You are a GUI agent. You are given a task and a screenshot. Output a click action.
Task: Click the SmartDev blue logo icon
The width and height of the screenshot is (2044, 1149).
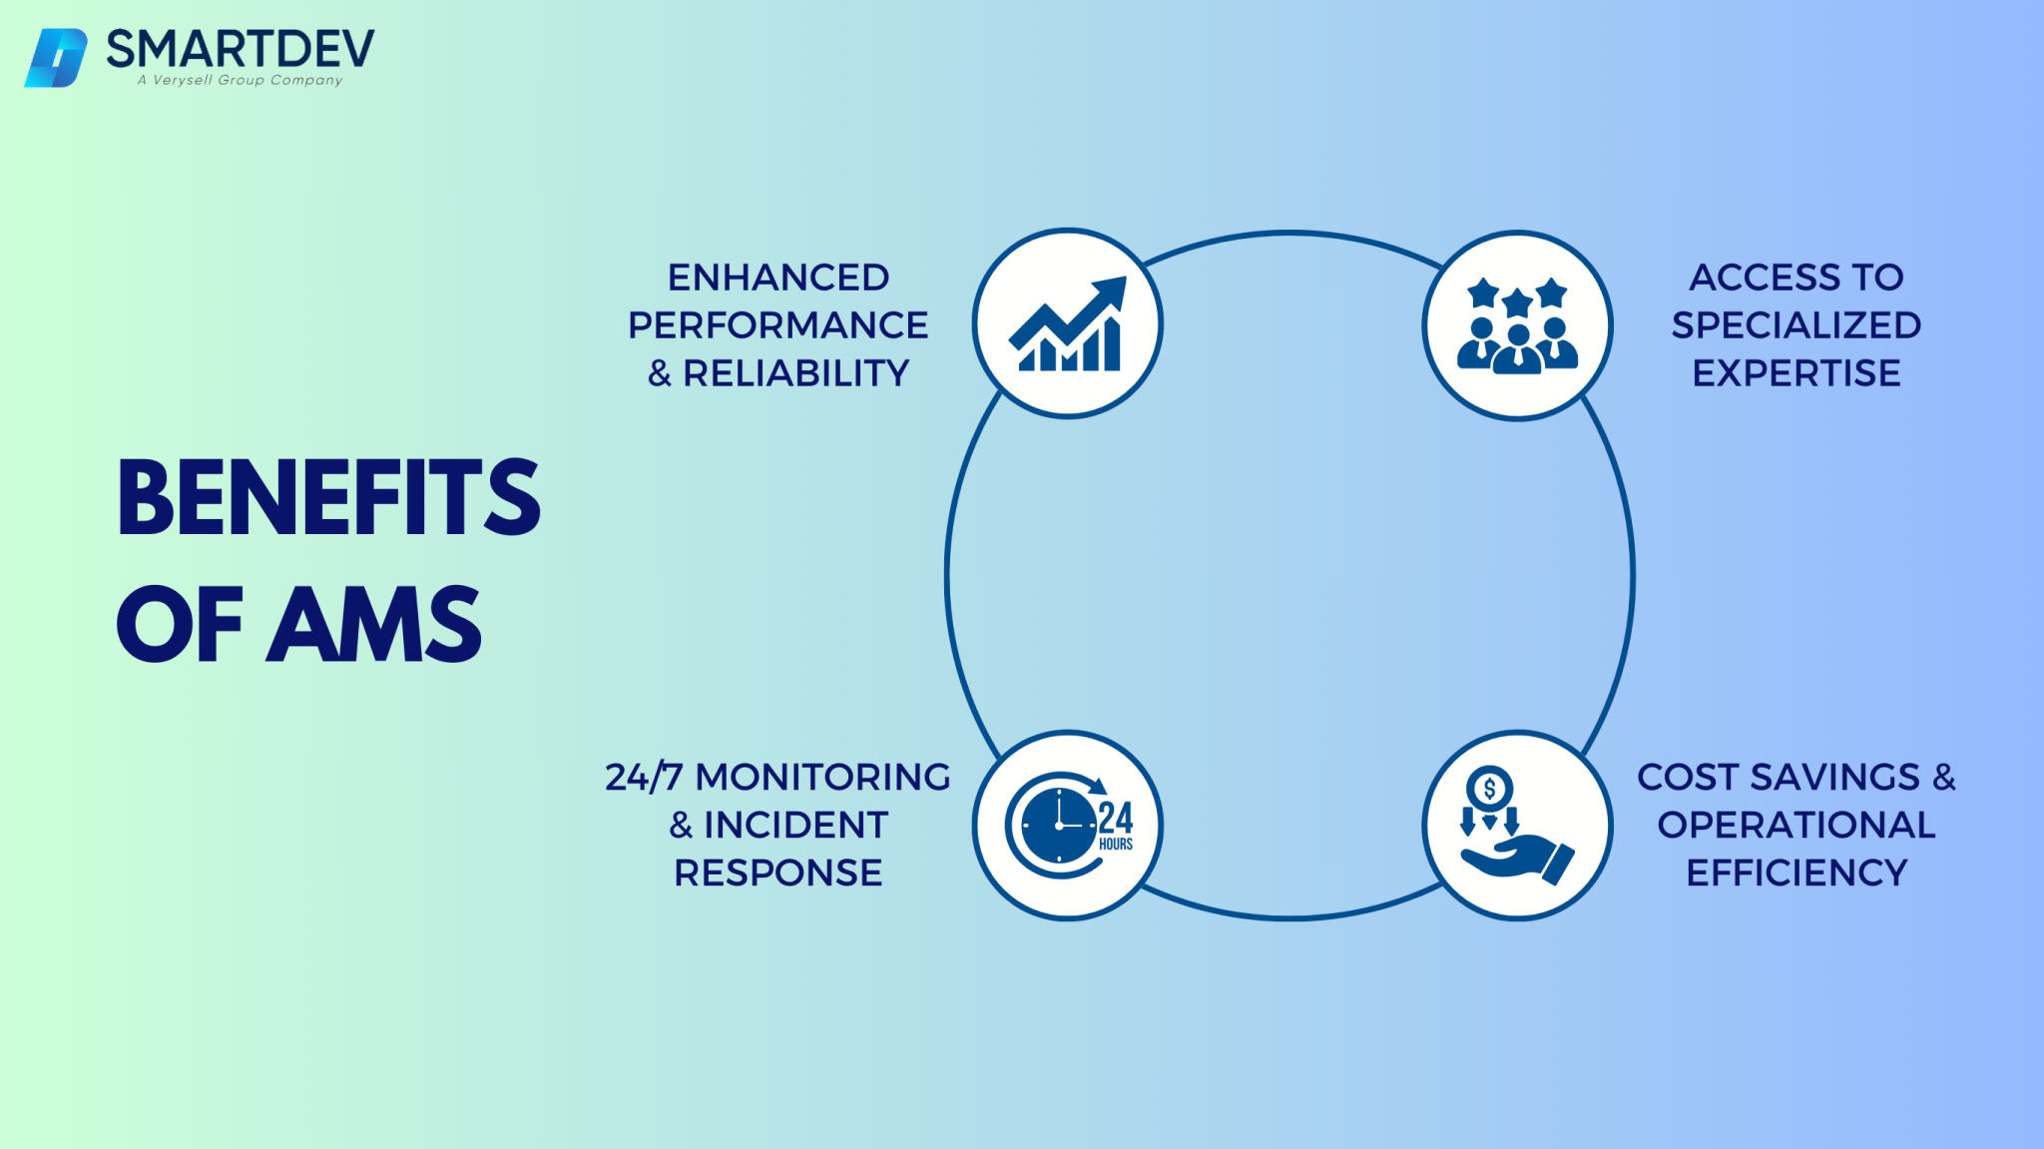[x=56, y=58]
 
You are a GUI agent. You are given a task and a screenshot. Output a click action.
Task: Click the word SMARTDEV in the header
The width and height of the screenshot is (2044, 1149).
[x=241, y=48]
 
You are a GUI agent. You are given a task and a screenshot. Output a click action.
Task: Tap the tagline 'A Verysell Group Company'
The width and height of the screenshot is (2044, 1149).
[x=241, y=80]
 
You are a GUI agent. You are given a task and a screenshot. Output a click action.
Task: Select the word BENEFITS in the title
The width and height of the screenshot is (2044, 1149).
[x=328, y=498]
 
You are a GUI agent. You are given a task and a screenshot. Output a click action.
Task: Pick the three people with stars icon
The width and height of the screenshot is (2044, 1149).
[x=1517, y=325]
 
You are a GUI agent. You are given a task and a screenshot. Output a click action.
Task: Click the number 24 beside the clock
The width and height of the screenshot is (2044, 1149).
[x=1116, y=819]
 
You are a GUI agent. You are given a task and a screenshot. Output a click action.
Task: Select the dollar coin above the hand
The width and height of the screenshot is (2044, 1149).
[x=1489, y=790]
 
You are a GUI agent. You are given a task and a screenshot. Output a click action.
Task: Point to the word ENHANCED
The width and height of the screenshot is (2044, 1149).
[x=778, y=278]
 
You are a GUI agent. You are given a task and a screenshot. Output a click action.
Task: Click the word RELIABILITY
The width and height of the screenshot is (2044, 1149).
[x=795, y=373]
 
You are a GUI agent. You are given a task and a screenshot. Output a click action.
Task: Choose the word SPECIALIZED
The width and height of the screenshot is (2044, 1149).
[x=1796, y=325]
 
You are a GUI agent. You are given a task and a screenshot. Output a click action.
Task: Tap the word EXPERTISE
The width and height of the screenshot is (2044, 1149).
[x=1796, y=373]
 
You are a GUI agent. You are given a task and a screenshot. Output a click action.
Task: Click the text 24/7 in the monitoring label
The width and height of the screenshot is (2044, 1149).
[x=644, y=778]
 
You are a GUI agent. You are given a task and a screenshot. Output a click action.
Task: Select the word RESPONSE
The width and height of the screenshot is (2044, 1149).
[x=778, y=873]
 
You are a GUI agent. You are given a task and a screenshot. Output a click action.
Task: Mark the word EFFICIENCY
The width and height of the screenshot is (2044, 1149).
[x=1796, y=873]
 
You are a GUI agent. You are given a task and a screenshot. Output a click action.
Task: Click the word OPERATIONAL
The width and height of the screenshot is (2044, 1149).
[x=1796, y=826]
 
